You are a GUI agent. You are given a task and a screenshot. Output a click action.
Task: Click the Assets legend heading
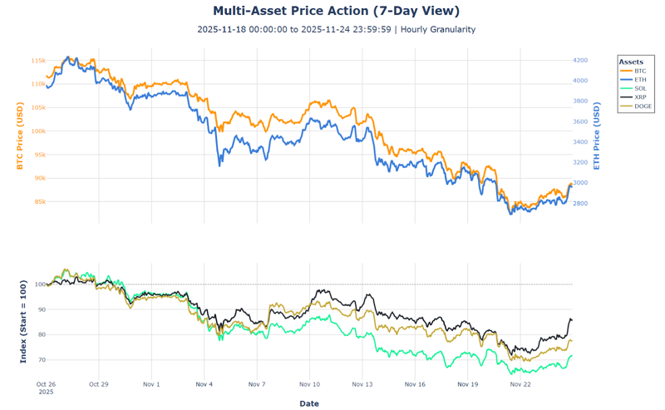(631, 62)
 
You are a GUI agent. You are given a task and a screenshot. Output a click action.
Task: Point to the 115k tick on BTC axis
(37, 61)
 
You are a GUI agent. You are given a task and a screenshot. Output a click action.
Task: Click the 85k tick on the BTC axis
(37, 201)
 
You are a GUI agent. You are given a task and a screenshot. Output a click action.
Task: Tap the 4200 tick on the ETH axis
(580, 61)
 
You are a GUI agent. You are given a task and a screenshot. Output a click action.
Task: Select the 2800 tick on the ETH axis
(580, 204)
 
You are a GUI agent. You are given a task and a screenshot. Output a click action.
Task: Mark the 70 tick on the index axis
(40, 360)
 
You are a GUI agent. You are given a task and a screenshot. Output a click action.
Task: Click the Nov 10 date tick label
(309, 385)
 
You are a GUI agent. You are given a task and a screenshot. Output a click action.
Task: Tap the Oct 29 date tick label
(99, 385)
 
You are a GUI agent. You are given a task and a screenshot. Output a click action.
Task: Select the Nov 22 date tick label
(520, 385)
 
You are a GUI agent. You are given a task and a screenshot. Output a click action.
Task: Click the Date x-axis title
(308, 403)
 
